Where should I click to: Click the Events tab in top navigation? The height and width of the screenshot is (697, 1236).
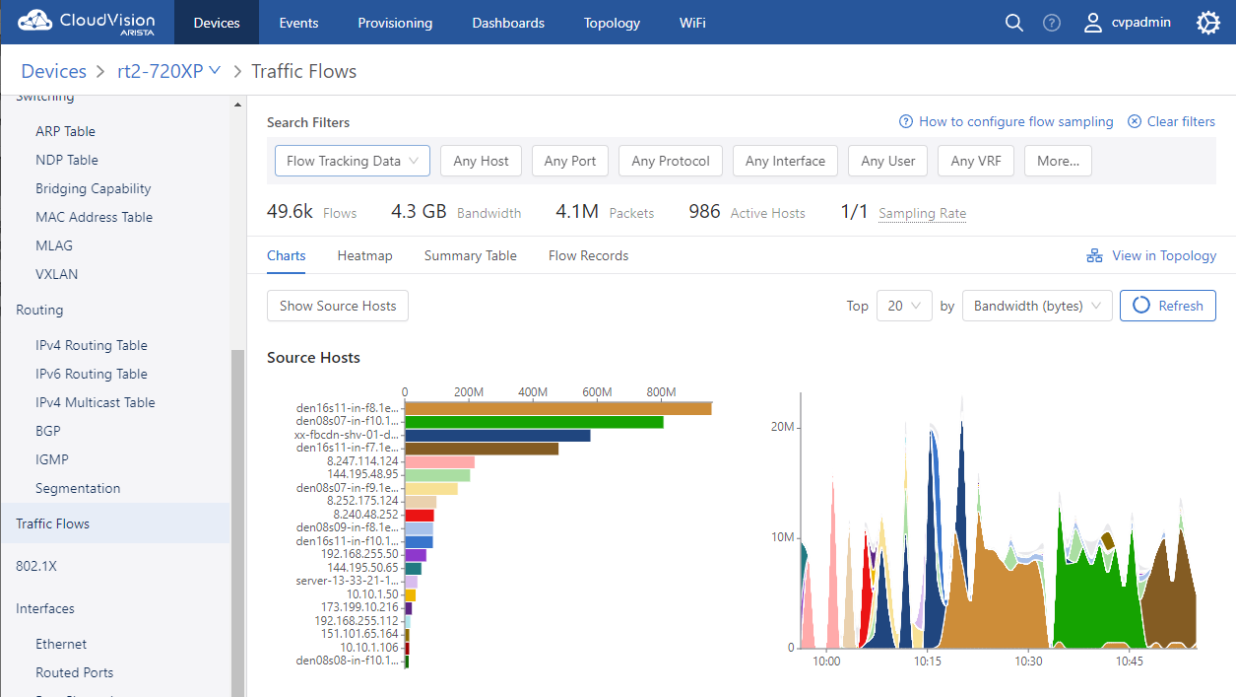[x=298, y=23]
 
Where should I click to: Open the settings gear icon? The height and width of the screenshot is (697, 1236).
[x=1207, y=23]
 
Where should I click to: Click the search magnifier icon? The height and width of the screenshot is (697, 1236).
[x=1013, y=23]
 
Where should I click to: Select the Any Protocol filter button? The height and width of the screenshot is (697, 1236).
[x=671, y=161]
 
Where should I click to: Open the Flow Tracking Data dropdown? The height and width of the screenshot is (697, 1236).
[x=353, y=161]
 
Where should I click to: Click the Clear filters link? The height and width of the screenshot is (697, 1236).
[x=1171, y=121]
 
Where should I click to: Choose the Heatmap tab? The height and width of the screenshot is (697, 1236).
[x=364, y=255]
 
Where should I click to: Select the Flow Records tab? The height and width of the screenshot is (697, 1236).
[x=588, y=255]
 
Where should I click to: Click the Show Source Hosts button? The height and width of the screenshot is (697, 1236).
[x=338, y=306]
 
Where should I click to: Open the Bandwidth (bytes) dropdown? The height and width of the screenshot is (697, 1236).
[x=1037, y=306]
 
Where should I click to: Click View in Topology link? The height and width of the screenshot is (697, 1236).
[x=1151, y=255]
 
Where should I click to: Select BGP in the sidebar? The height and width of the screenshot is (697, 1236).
[x=48, y=431]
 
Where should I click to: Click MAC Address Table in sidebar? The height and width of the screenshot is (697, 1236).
[x=95, y=217]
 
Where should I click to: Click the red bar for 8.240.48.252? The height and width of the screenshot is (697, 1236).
[x=420, y=515]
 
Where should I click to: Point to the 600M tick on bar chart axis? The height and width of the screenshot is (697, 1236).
[x=597, y=392]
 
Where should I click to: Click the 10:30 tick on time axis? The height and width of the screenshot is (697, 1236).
[x=1028, y=662]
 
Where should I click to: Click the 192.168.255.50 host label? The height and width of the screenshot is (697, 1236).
[x=359, y=554]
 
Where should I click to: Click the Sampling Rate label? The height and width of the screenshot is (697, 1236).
[x=922, y=213]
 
